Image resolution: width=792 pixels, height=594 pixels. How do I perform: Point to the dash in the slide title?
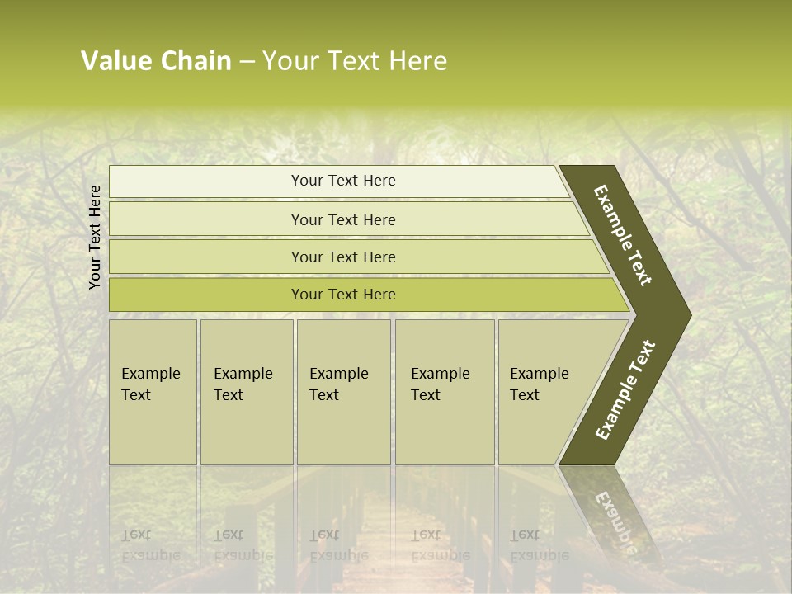[x=247, y=62]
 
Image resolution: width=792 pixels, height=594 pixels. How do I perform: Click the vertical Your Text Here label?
[x=95, y=237]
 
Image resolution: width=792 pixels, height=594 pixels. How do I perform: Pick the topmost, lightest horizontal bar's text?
[x=343, y=181]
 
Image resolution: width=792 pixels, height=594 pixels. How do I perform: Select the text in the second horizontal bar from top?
[x=343, y=220]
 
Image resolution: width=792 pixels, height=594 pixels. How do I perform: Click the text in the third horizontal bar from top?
[x=343, y=257]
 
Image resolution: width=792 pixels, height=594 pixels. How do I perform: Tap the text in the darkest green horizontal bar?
[x=343, y=295]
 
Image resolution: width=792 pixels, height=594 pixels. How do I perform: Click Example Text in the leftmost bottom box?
[x=150, y=384]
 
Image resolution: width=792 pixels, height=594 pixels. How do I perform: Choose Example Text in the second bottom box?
[x=243, y=384]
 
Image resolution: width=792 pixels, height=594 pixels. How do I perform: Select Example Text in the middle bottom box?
[x=338, y=384]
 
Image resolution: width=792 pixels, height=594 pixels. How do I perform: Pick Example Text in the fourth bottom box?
[x=440, y=384]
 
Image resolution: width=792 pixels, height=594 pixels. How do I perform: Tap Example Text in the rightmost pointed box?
[x=539, y=384]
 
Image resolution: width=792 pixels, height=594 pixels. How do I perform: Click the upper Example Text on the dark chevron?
[x=623, y=235]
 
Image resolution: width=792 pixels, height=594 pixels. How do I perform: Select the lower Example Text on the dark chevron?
[x=625, y=390]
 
